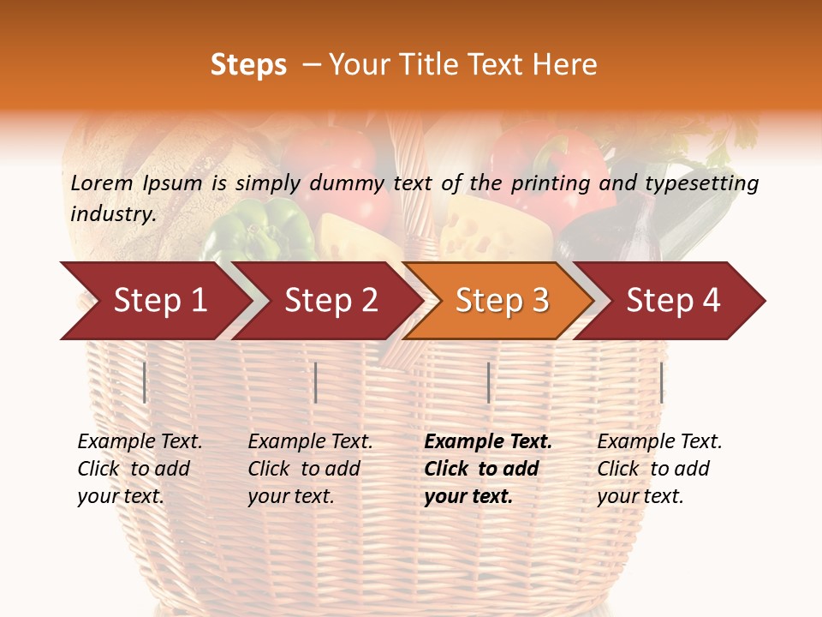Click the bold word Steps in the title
pyautogui.click(x=248, y=65)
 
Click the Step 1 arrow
pyautogui.click(x=154, y=301)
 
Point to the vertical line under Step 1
pyautogui.click(x=145, y=382)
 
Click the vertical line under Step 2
pyautogui.click(x=316, y=382)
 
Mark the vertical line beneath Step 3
pyautogui.click(x=488, y=382)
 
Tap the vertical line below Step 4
pyautogui.click(x=661, y=382)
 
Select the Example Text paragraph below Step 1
pyautogui.click(x=140, y=469)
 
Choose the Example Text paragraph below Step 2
pyautogui.click(x=310, y=469)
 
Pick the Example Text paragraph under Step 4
pyautogui.click(x=659, y=469)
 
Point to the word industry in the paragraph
pyautogui.click(x=112, y=214)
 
